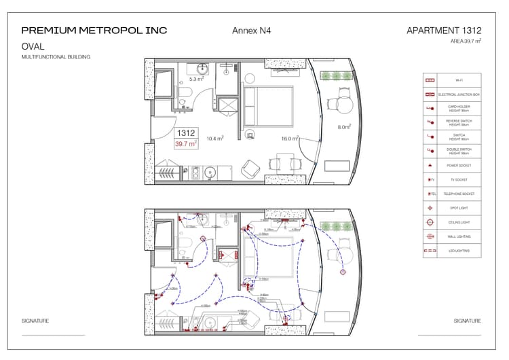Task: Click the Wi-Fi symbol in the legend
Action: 430,80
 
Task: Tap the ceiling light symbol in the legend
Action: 430,222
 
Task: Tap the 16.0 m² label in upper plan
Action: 290,139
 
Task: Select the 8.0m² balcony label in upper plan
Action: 344,127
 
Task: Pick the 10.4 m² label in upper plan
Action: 215,139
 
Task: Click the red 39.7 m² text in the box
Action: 185,144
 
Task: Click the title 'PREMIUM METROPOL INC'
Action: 94,31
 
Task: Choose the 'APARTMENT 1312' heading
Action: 443,31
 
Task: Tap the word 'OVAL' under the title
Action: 33,47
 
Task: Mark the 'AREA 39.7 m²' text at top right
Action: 465,41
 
